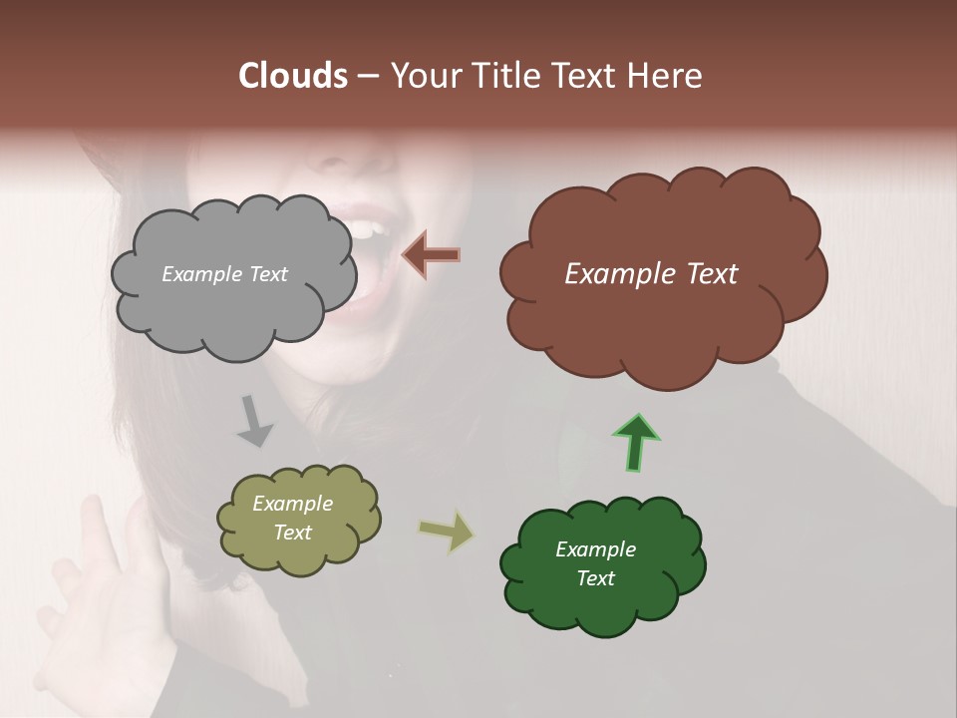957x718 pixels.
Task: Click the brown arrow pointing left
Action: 431,255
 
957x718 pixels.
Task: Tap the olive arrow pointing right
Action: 447,530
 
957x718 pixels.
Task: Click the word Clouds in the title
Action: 293,76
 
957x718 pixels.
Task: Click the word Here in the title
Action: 666,76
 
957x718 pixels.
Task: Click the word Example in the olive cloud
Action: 292,504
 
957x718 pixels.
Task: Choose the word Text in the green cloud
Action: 595,578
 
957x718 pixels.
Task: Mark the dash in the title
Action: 367,77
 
